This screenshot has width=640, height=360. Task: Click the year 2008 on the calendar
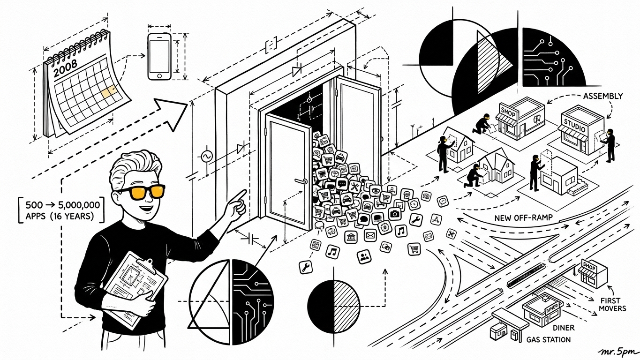click(x=66, y=68)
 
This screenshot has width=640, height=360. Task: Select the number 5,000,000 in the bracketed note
click(x=79, y=205)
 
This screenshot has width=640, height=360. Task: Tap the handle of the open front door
click(x=301, y=181)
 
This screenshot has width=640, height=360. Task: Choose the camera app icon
click(x=395, y=214)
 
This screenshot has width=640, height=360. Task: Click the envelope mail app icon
click(x=370, y=235)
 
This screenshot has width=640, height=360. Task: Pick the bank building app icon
click(x=351, y=237)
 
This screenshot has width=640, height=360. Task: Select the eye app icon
click(x=376, y=190)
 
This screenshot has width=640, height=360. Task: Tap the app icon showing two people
click(x=364, y=256)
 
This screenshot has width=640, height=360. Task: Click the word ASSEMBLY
click(x=603, y=96)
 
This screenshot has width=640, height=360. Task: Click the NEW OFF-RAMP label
click(x=523, y=218)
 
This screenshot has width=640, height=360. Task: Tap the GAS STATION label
click(x=549, y=340)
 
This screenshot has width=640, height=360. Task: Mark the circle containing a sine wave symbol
click(x=206, y=156)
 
